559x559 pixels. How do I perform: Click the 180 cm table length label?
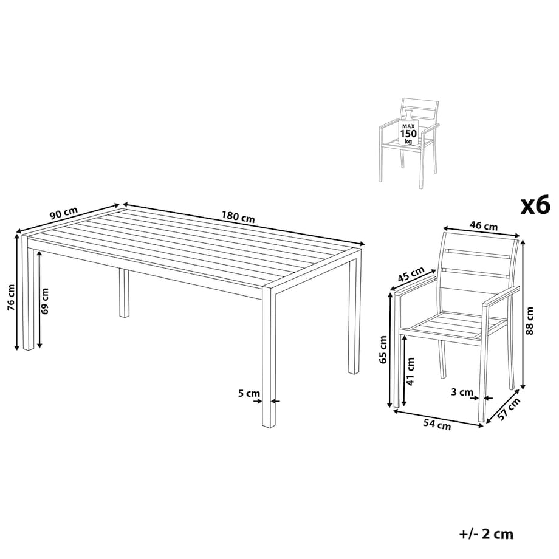pyautogui.click(x=238, y=217)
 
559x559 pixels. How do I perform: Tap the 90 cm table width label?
pyautogui.click(x=63, y=213)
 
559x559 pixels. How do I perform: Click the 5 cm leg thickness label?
pyautogui.click(x=249, y=393)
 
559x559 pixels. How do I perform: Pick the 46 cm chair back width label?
pyautogui.click(x=484, y=225)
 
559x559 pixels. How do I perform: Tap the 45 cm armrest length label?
pyautogui.click(x=411, y=275)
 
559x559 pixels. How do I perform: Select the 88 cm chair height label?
pyautogui.click(x=530, y=320)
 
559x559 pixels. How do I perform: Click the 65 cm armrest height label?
pyautogui.click(x=383, y=349)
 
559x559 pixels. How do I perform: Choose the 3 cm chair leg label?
pyautogui.click(x=462, y=392)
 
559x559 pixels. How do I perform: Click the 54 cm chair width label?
pyautogui.click(x=437, y=424)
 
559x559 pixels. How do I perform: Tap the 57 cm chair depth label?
pyautogui.click(x=509, y=410)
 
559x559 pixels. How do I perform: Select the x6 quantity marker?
pyautogui.click(x=535, y=206)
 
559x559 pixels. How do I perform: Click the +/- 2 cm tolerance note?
pyautogui.click(x=486, y=534)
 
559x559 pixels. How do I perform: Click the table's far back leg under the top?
pyautogui.click(x=124, y=293)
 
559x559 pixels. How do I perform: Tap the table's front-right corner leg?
pyautogui.click(x=269, y=357)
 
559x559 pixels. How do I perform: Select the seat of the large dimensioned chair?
pyautogui.click(x=459, y=327)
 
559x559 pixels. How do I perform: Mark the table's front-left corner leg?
pyautogui.click(x=29, y=292)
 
